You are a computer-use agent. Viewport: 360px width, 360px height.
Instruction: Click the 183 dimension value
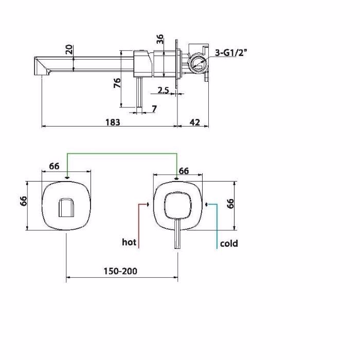113,122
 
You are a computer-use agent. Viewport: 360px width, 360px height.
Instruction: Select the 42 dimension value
195,122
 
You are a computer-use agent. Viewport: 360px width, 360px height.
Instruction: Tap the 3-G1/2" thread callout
231,53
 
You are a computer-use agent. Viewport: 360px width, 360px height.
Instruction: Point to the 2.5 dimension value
163,90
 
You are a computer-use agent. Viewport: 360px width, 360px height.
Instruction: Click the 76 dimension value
117,83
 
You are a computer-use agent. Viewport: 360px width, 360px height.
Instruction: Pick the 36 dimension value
160,39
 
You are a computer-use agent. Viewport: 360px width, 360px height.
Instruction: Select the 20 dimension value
69,49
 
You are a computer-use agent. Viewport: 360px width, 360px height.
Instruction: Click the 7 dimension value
154,109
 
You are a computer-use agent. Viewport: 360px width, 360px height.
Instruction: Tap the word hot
129,242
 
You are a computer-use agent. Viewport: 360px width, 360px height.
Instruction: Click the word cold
229,243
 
